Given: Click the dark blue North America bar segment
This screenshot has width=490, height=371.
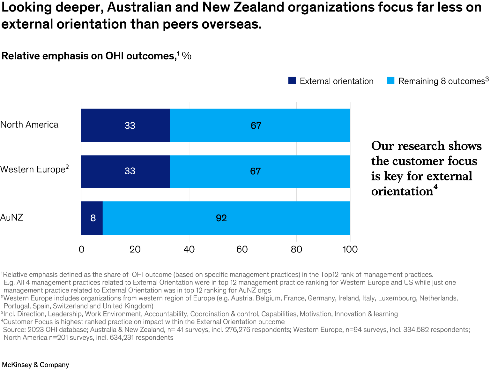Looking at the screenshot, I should (x=125, y=125).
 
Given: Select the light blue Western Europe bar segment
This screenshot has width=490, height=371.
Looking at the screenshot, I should (x=260, y=171).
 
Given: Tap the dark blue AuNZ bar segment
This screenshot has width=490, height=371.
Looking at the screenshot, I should (x=92, y=218).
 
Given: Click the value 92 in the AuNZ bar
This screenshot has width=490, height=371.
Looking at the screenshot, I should (x=221, y=218).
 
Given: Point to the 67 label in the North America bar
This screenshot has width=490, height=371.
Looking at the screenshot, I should (x=256, y=125).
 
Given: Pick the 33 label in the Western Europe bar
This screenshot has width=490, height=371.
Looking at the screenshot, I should (x=130, y=171).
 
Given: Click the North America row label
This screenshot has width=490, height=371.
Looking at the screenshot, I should (x=29, y=125).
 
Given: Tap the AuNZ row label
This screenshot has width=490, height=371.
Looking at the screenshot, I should (x=12, y=217).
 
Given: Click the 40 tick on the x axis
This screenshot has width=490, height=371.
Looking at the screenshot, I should (x=189, y=249).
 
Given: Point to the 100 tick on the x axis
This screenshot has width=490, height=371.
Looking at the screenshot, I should (x=350, y=249).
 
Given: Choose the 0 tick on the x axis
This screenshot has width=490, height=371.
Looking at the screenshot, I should (x=81, y=249).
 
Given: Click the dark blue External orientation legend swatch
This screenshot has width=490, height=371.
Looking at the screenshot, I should (x=292, y=81).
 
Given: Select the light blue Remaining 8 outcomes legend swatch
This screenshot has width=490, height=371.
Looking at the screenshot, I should (x=390, y=81).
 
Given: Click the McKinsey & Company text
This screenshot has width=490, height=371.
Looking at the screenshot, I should (x=35, y=365).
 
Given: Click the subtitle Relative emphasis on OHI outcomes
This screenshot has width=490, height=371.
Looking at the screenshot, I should (x=88, y=56).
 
